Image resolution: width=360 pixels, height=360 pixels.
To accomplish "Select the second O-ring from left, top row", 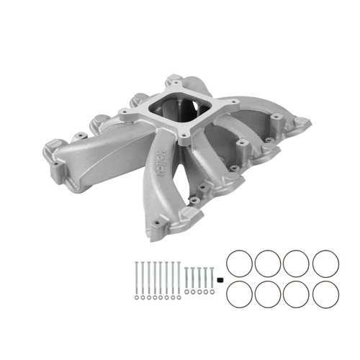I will coord(268,263).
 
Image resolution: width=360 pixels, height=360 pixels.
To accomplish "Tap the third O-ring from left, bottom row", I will coord(296,294).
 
